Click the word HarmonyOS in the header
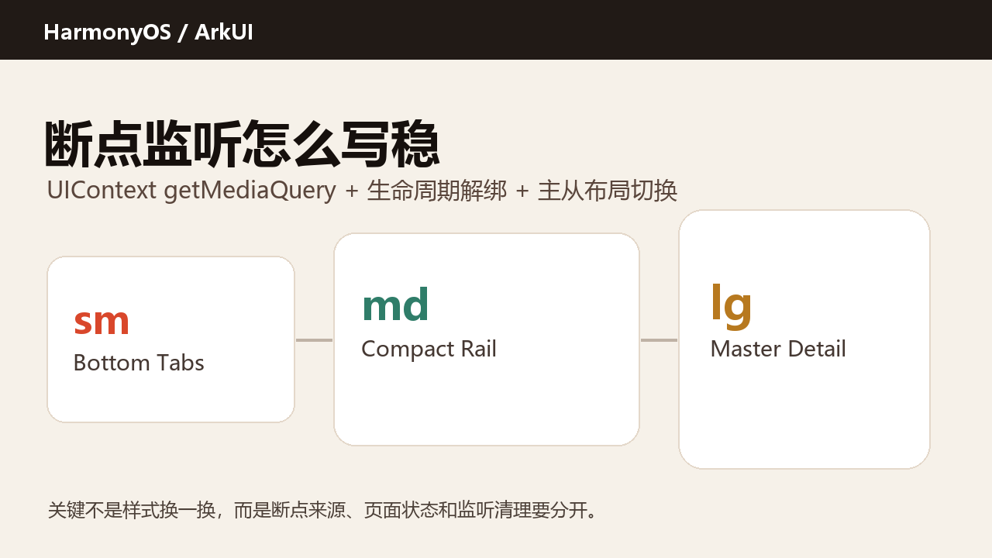107,33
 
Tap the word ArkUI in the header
224,32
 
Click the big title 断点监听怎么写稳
242,143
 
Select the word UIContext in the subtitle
102,191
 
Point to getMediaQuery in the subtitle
250,191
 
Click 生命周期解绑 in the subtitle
436,191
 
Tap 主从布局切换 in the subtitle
607,191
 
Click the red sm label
102,322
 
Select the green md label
395,304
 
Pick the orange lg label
731,306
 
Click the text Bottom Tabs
139,363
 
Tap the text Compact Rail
429,349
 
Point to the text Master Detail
778,349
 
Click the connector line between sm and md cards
314,340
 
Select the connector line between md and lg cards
659,340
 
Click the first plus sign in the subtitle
352,191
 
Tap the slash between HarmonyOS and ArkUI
182,33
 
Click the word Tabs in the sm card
181,363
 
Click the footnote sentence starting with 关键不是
322,510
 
